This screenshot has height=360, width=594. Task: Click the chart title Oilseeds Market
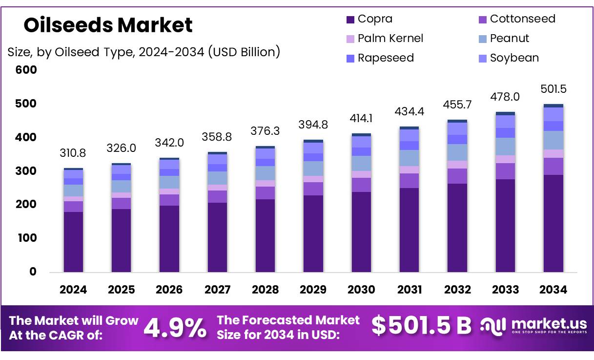(x=108, y=25)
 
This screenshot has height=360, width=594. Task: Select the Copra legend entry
(x=374, y=19)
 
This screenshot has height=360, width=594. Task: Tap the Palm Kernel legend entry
(x=390, y=39)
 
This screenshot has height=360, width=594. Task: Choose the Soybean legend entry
(x=514, y=58)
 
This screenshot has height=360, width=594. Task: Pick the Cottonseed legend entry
(x=522, y=19)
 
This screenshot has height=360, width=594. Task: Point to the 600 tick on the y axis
(x=26, y=70)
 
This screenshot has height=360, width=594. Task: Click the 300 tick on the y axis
(x=26, y=171)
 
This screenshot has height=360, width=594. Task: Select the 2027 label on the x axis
(x=217, y=290)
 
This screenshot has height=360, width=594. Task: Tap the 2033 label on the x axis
(x=505, y=290)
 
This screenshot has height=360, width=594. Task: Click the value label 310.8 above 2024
(x=73, y=153)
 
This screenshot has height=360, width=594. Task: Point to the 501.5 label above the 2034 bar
(x=553, y=89)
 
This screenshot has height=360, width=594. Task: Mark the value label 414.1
(x=361, y=118)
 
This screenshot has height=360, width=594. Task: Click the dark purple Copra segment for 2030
(x=361, y=232)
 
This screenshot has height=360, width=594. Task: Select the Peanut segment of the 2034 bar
(x=553, y=140)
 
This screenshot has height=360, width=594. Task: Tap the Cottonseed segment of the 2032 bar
(x=457, y=176)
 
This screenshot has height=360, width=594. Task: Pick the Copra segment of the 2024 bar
(x=73, y=242)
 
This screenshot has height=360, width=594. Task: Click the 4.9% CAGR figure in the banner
(x=175, y=328)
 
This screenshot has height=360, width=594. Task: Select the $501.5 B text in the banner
(x=421, y=326)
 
